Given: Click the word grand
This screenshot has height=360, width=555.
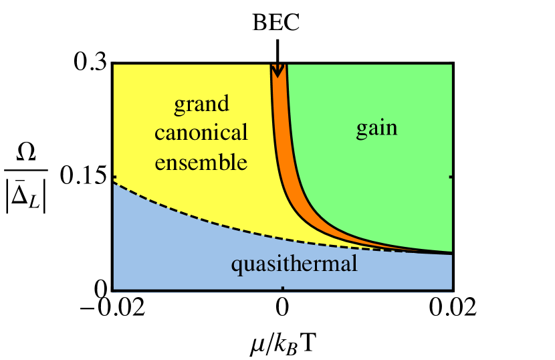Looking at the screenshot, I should coord(201,104).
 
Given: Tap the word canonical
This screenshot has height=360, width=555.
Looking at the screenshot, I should coord(201,132).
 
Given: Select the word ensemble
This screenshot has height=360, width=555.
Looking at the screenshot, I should coord(201,162).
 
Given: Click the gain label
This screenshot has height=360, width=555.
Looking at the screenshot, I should coord(376,128).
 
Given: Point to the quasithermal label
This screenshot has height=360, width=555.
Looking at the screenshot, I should coord(294,264).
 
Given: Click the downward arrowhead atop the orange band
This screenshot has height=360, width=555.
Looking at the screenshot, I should coord(277,70).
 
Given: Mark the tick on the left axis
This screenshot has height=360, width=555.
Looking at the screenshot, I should coord(115,177).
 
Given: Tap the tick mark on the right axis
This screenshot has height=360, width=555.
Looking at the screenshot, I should coord(451,177).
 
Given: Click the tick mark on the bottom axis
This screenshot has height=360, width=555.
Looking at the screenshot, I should coord(283,288).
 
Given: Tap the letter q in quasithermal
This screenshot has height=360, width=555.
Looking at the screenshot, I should coord(235,266).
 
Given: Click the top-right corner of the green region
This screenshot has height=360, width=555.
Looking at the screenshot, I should coord(451,66).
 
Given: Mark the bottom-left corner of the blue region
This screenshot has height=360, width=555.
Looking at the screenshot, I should coord(114,290).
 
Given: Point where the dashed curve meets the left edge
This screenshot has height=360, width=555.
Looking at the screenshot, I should coord(114,183).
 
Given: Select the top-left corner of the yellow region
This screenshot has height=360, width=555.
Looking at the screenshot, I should coord(115,66).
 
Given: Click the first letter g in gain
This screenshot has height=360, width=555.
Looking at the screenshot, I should coord(360,129).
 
